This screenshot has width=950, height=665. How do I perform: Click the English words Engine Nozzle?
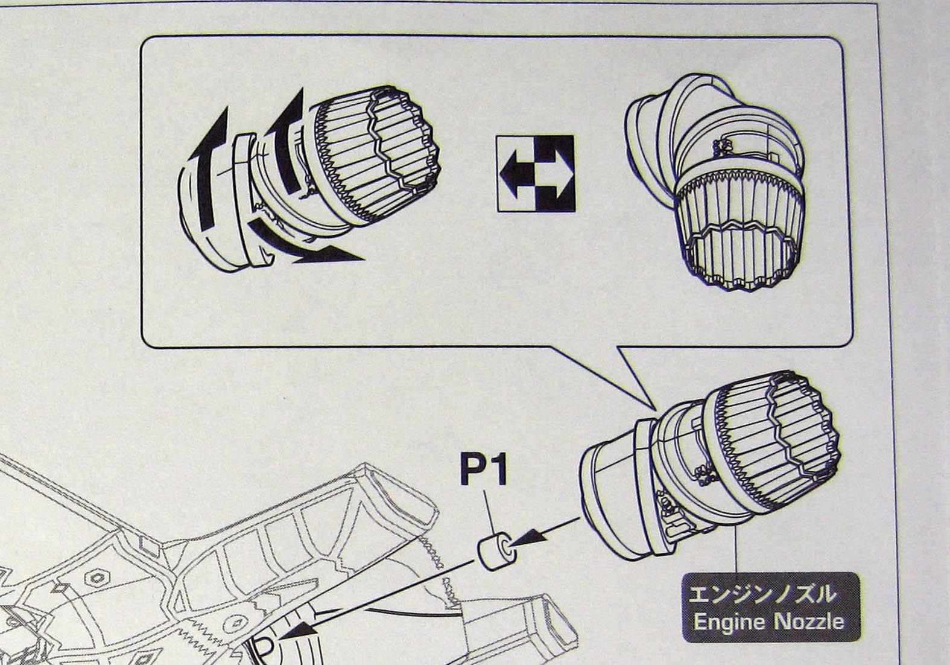768,621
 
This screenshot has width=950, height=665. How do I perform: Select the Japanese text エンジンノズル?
762,594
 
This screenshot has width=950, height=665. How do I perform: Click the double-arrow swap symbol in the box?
536,173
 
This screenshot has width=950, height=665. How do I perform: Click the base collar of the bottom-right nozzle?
609,495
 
